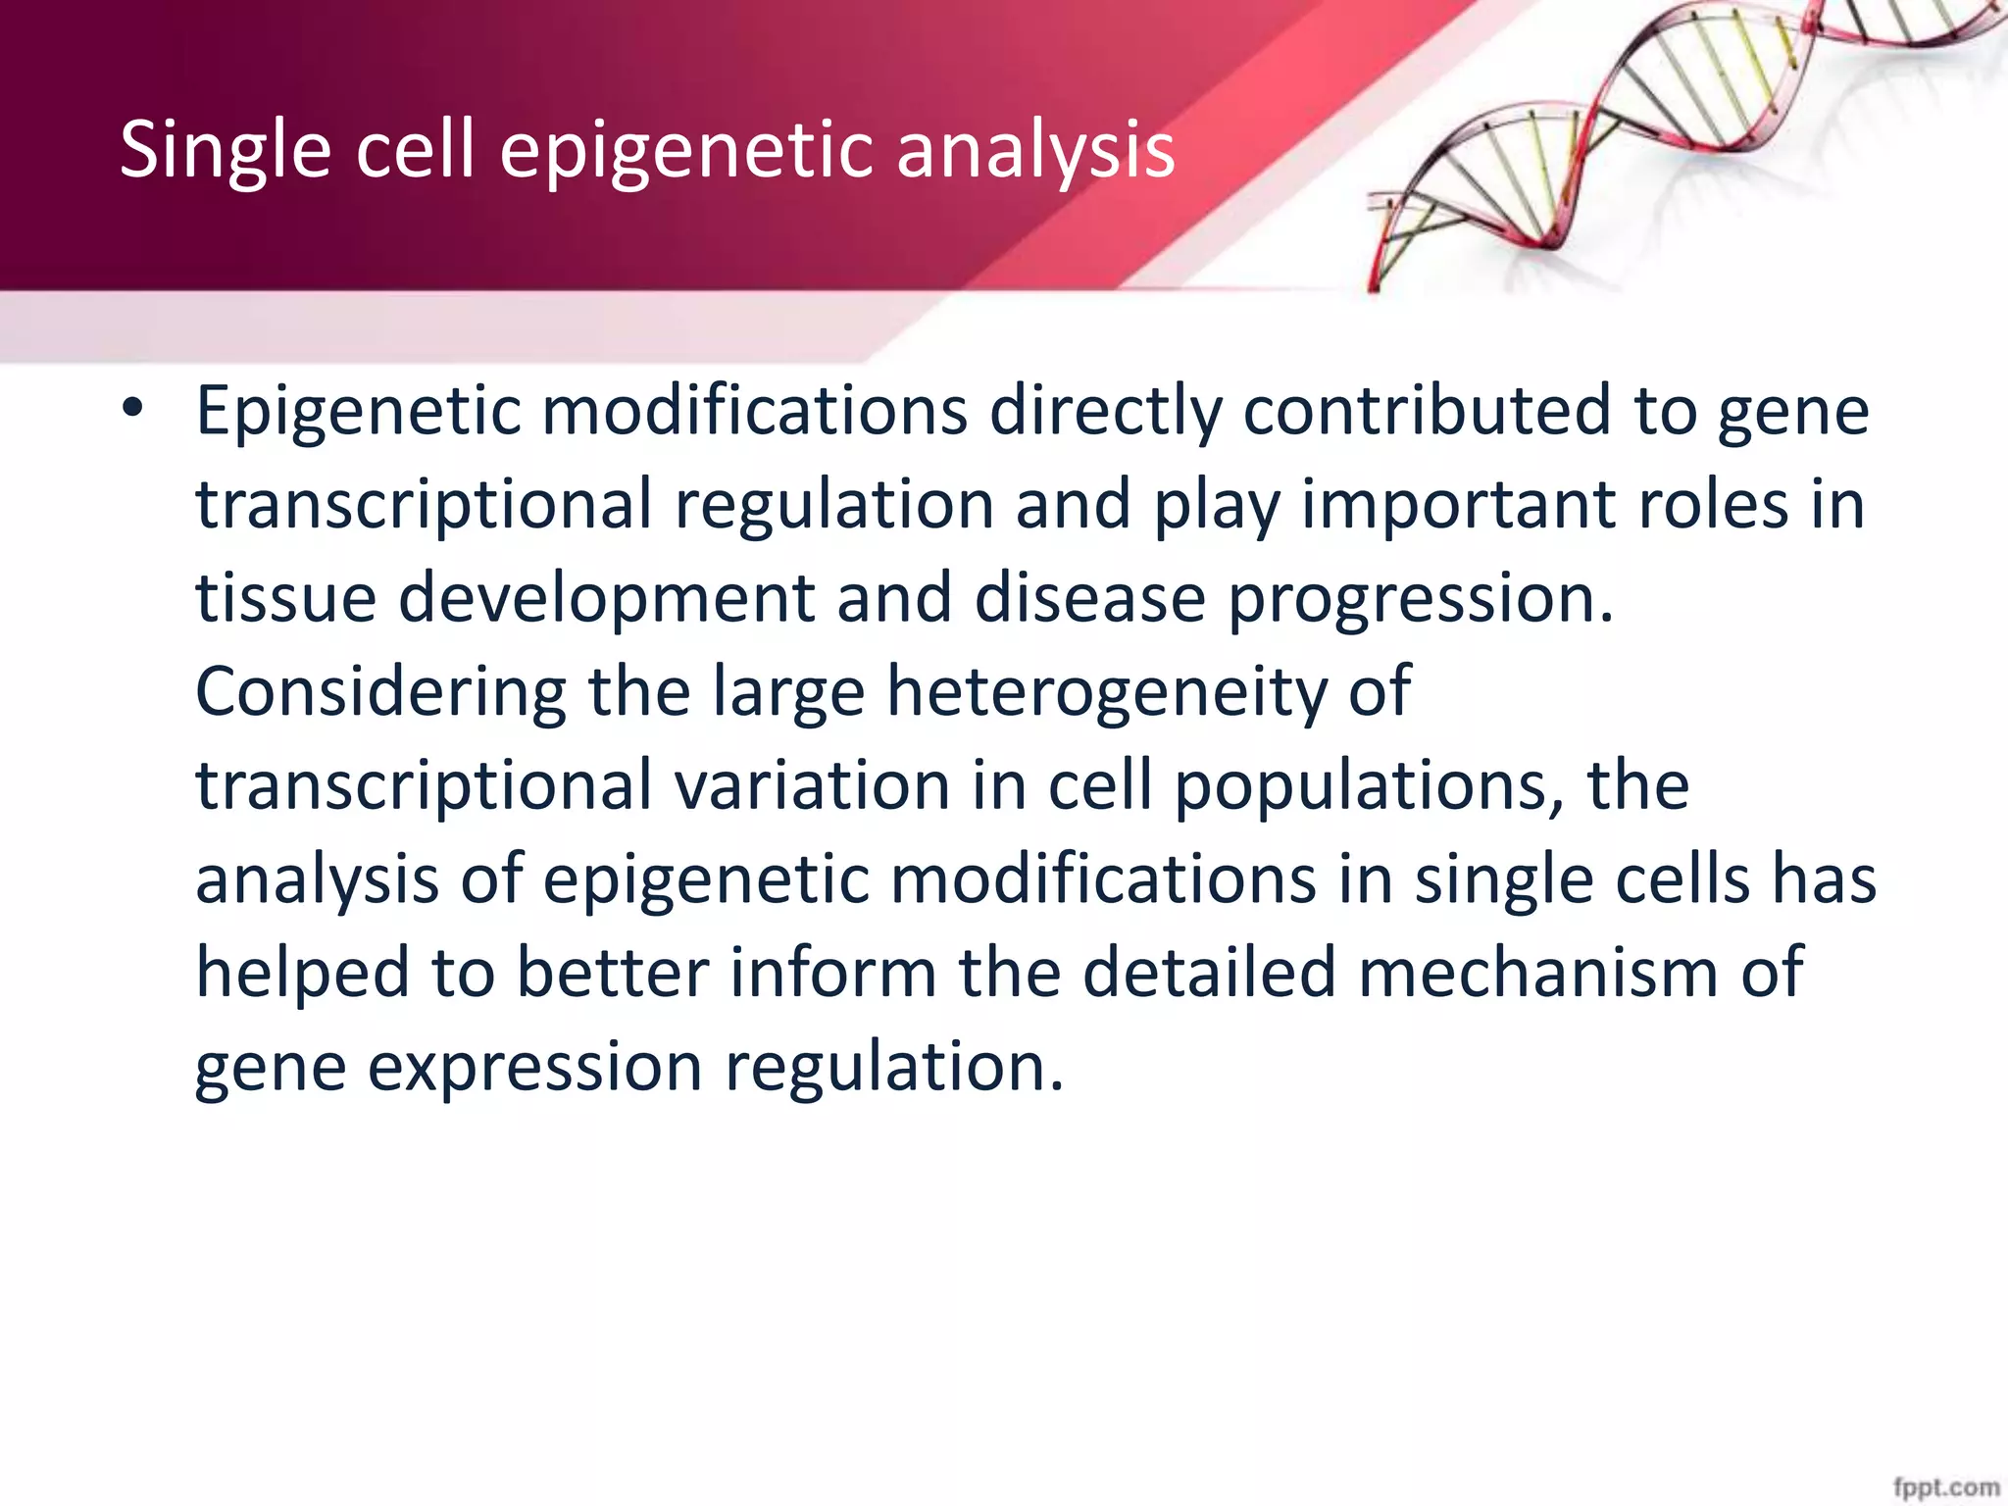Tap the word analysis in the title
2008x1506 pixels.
1035,150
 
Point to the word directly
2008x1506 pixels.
1105,410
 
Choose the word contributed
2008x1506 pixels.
1427,410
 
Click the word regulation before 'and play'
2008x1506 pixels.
833,504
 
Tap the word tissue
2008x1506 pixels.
285,597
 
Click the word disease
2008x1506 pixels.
1089,597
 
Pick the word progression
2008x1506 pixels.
1420,597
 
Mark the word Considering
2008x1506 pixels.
380,691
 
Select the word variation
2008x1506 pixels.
812,785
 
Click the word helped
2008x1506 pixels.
302,973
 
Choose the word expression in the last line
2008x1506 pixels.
534,1067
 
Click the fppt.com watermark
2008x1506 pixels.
1946,1487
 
